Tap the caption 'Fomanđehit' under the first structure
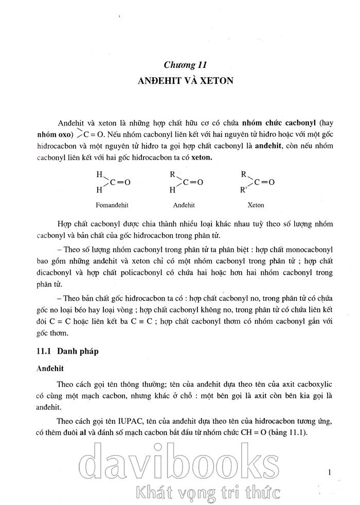click(112, 205)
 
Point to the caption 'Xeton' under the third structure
click(256, 205)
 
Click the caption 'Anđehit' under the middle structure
click(184, 205)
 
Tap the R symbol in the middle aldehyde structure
click(173, 174)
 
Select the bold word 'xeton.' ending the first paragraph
click(202, 158)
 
